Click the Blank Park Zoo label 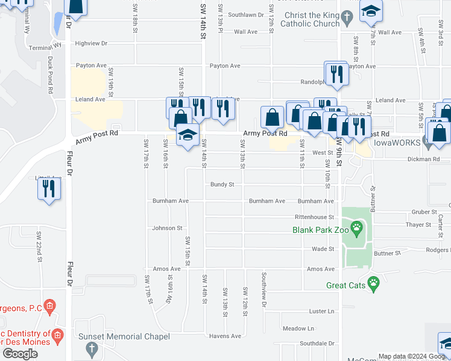(x=321, y=229)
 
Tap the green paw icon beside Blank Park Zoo (x=358, y=228)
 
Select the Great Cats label (x=346, y=285)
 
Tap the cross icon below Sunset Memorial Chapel (x=92, y=348)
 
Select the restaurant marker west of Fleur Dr (x=49, y=188)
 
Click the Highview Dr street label (x=92, y=43)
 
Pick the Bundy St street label (x=222, y=185)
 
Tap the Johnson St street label (x=167, y=228)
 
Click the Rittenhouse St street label (x=314, y=217)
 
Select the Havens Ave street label (x=225, y=336)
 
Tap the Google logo (x=20, y=353)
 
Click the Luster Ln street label (x=321, y=311)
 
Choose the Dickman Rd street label (x=427, y=159)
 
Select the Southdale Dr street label (x=317, y=344)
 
